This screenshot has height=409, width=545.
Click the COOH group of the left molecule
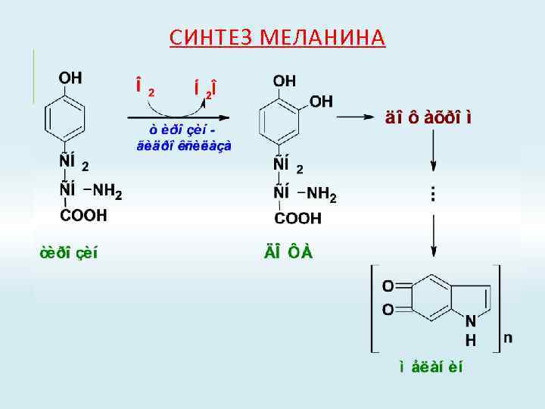[x=83, y=215]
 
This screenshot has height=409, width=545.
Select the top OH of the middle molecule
[x=285, y=80]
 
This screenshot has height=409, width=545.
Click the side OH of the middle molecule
[x=322, y=101]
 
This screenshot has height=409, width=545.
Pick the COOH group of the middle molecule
[x=297, y=219]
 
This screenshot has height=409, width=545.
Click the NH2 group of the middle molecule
[x=322, y=194]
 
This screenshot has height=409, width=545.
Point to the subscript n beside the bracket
[x=507, y=338]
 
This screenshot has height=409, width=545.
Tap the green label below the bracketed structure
[x=431, y=368]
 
